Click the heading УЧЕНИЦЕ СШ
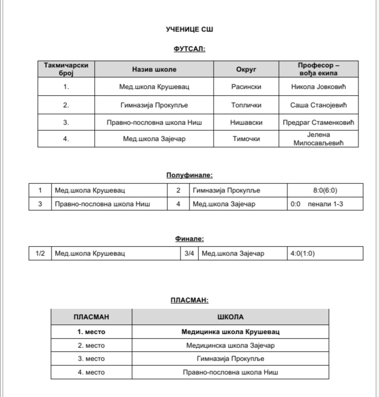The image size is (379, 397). [x=189, y=29]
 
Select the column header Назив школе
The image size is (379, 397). [x=154, y=69]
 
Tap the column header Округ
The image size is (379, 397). [x=246, y=69]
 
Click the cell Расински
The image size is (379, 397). [x=246, y=87]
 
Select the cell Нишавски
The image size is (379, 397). [x=246, y=123]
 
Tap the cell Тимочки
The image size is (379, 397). [x=246, y=139]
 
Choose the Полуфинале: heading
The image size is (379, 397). [x=189, y=175]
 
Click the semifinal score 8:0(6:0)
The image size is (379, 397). [x=325, y=190]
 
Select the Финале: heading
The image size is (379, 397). [x=189, y=239]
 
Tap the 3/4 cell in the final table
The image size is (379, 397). [x=189, y=253]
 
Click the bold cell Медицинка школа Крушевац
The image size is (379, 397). [x=231, y=332]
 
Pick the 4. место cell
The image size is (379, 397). [x=91, y=372]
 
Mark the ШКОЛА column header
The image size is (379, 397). [x=231, y=317]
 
